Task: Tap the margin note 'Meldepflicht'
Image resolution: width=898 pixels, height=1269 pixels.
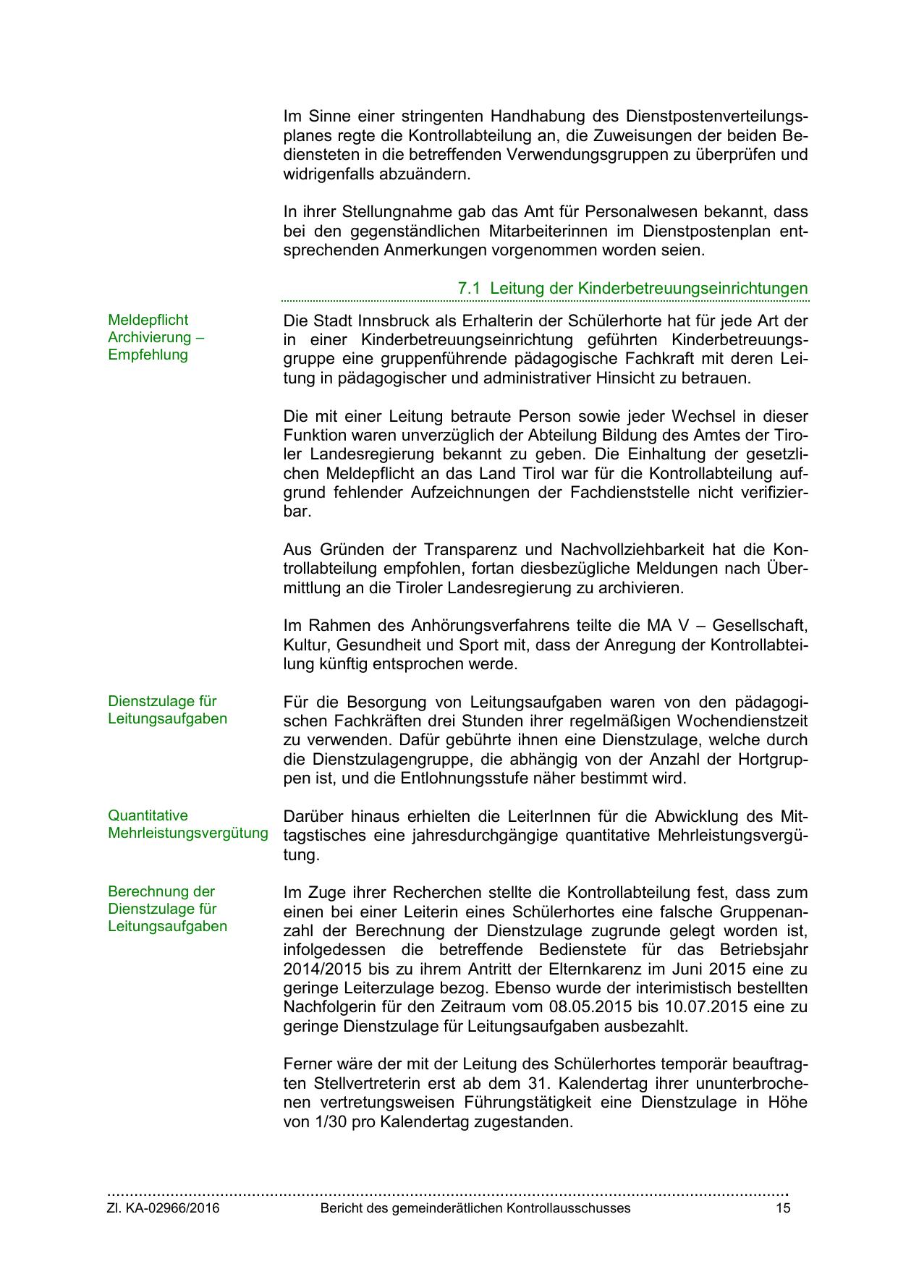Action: click(148, 320)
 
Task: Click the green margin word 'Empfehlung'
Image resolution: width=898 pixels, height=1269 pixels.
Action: click(148, 355)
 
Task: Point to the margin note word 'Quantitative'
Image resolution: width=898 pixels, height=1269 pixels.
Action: click(148, 815)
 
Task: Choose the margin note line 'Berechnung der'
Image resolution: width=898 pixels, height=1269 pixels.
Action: click(161, 891)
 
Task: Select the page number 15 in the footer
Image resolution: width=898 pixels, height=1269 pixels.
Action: click(783, 1208)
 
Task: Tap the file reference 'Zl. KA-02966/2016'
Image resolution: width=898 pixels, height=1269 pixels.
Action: click(164, 1208)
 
